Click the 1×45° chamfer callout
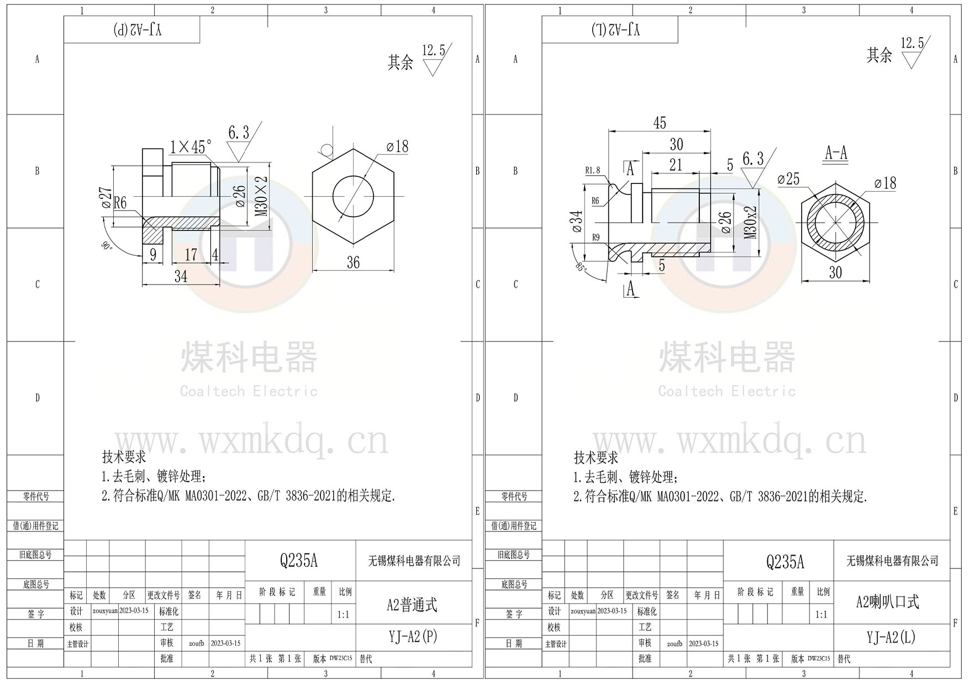coord(191,147)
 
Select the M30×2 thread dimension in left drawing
coord(262,196)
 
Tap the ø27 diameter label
coord(106,197)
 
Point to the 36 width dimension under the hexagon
coord(353,262)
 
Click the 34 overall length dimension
coord(181,276)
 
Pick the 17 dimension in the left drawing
coord(191,255)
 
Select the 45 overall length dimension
coord(660,123)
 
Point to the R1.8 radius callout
coord(593,171)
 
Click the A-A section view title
coord(836,153)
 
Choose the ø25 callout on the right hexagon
coord(788,179)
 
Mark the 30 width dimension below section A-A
coord(835,272)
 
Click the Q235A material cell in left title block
coord(299,561)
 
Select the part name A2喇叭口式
coord(887,602)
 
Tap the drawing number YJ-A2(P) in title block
coord(413,637)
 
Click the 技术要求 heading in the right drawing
coord(596,457)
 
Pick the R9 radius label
coord(596,238)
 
